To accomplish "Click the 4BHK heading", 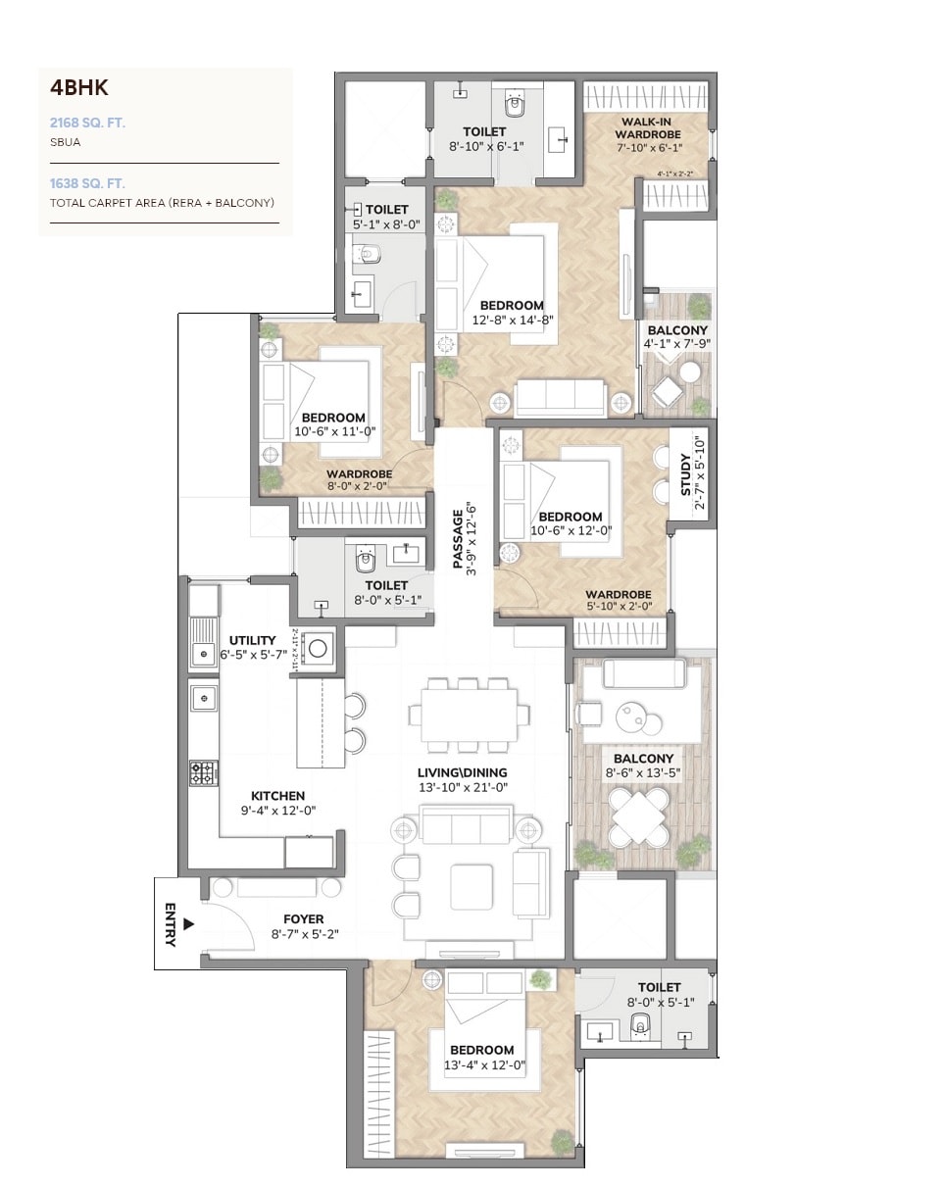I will [x=79, y=88].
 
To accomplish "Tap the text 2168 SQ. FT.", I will [x=88, y=123].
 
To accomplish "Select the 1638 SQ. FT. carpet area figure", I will [x=88, y=183].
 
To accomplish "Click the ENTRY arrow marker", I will [x=189, y=923].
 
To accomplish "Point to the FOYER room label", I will [x=304, y=919].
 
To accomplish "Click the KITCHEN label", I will [x=278, y=796].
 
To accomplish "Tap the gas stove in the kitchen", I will [x=203, y=772].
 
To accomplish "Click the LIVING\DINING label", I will [x=463, y=772].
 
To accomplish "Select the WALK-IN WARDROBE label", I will [x=648, y=127].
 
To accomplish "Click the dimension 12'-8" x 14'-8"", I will [x=513, y=320].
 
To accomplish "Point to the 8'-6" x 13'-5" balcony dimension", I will [x=643, y=773].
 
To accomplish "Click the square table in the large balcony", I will [x=639, y=816].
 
